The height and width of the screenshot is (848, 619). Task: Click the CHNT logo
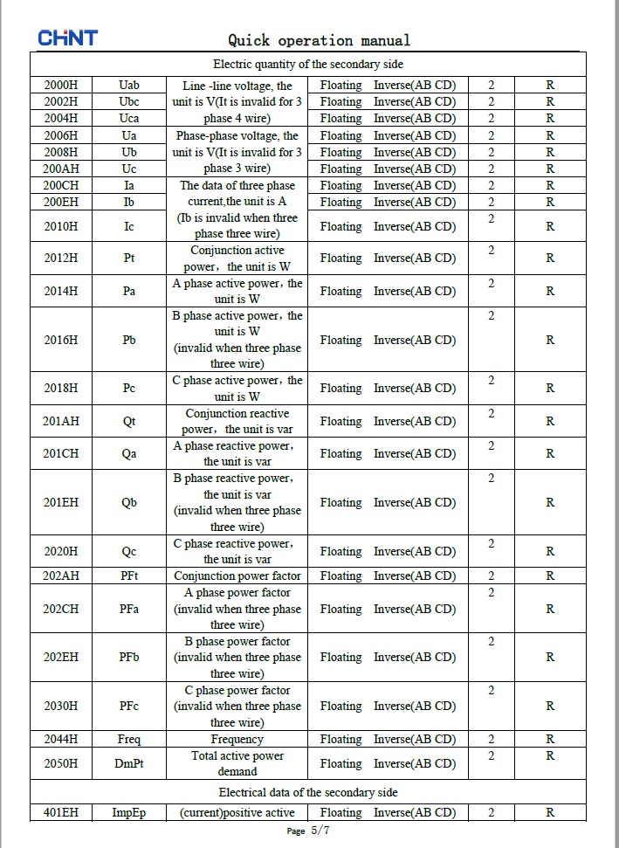67,38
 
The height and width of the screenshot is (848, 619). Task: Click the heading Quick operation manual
319,40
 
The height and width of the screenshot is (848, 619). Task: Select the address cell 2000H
61,86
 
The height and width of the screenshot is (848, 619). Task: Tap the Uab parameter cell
129,86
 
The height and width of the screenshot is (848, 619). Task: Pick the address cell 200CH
61,185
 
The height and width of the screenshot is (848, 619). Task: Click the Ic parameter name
129,226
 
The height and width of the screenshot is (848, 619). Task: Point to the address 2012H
61,259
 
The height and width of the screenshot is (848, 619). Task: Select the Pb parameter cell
129,340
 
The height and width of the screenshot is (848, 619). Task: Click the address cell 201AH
61,421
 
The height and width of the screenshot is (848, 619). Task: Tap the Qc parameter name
129,551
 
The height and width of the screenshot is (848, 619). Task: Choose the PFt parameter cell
129,576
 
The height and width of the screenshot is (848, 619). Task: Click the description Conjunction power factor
237,576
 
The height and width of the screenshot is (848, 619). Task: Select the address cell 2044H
61,739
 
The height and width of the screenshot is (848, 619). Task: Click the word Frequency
237,739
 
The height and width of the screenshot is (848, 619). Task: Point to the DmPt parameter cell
129,763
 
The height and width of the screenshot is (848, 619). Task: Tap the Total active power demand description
237,763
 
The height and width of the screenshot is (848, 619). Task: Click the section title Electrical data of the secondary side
308,792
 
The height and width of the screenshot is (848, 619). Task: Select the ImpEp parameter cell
129,812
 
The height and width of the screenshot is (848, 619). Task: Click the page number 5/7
320,831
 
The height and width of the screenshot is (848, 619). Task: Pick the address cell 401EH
61,812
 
